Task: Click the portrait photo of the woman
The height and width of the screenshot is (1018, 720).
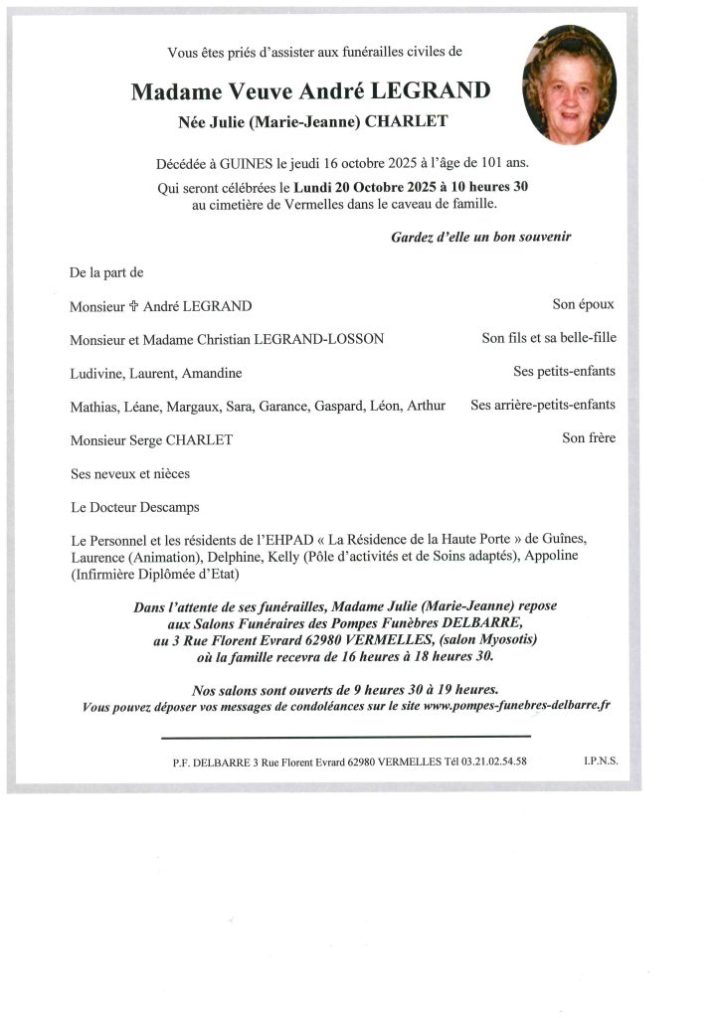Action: click(569, 85)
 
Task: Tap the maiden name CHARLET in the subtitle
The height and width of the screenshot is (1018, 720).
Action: click(407, 121)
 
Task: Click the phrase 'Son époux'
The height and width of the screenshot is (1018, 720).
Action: click(584, 305)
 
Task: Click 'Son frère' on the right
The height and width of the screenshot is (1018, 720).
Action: click(588, 437)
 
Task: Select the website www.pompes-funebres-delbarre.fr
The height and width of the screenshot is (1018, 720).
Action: click(517, 706)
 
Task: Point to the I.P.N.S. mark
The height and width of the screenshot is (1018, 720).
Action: click(601, 761)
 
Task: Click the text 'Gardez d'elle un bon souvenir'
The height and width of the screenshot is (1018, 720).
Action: click(481, 238)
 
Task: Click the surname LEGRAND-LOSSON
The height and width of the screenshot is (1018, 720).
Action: click(320, 339)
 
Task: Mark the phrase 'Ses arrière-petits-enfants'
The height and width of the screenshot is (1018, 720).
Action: click(543, 405)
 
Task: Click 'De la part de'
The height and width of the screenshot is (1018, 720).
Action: click(106, 271)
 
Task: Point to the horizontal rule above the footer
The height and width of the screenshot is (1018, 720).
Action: click(346, 737)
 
